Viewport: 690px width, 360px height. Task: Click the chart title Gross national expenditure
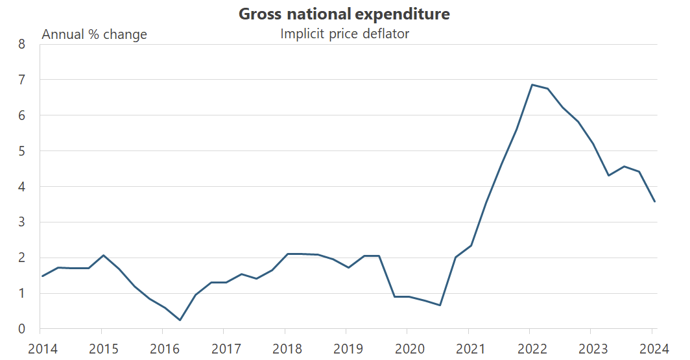pyautogui.click(x=344, y=14)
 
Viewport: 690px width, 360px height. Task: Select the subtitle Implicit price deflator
pyautogui.click(x=344, y=34)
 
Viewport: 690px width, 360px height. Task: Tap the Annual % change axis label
pyautogui.click(x=94, y=34)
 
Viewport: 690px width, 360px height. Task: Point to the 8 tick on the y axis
pyautogui.click(x=21, y=45)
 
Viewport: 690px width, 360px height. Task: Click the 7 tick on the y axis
pyautogui.click(x=21, y=80)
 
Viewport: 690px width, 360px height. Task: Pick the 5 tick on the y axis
pyautogui.click(x=21, y=151)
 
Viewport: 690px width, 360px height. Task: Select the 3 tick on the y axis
pyautogui.click(x=21, y=222)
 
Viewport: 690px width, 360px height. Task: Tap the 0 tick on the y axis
pyautogui.click(x=21, y=330)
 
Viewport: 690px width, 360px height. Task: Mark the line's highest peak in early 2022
pyautogui.click(x=532, y=85)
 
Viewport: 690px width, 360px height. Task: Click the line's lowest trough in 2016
pyautogui.click(x=180, y=320)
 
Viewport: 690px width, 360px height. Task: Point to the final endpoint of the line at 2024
pyautogui.click(x=654, y=201)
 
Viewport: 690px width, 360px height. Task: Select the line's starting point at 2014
pyautogui.click(x=42, y=276)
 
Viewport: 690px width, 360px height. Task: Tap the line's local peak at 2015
pyautogui.click(x=104, y=256)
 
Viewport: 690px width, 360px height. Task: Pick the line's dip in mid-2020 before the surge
pyautogui.click(x=440, y=305)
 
